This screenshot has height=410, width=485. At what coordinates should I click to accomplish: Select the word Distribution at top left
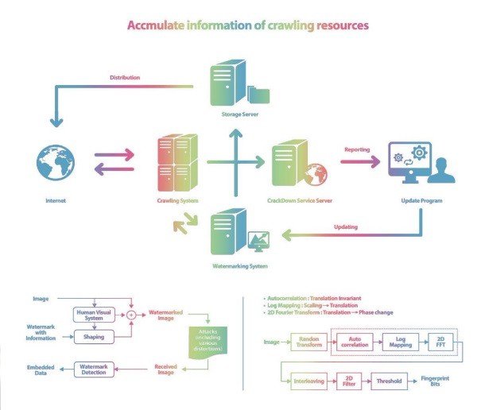[x=125, y=78]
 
